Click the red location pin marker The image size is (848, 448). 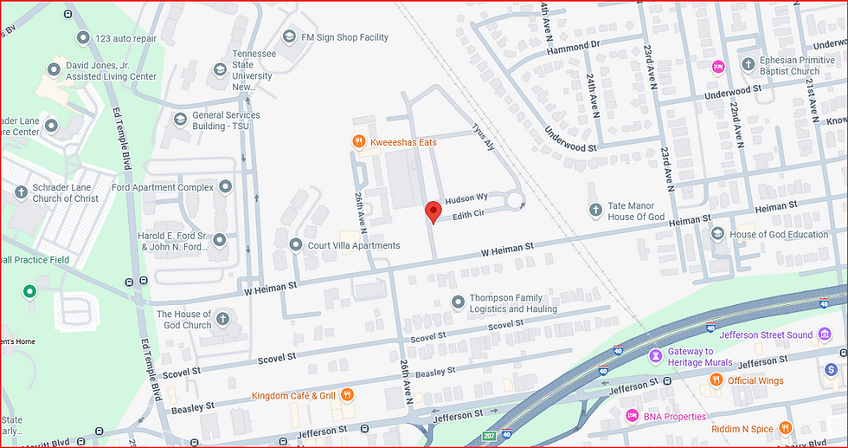tap(432, 211)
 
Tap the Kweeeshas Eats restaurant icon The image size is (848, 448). tap(357, 141)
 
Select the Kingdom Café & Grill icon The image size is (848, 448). tap(347, 395)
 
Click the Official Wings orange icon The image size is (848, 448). tap(716, 380)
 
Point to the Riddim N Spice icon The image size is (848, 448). tap(785, 427)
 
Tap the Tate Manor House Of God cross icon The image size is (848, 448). tap(595, 210)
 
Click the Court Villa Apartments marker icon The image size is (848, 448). tap(295, 245)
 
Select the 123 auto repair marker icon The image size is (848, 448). tap(82, 38)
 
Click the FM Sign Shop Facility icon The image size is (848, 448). tap(290, 37)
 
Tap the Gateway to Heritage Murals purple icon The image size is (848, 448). tap(657, 356)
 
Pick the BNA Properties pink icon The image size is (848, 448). tap(632, 416)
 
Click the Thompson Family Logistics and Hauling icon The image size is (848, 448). tap(458, 302)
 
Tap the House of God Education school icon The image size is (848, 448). tap(717, 234)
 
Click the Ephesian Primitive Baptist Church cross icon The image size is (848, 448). tap(748, 65)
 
